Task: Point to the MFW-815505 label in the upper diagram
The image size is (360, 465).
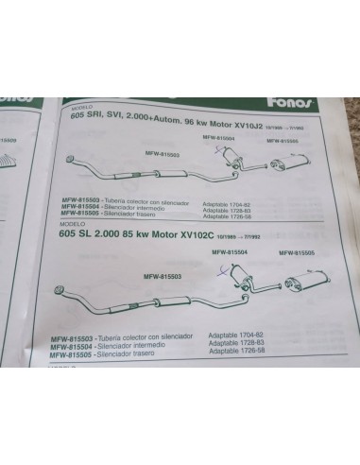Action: coord(284,142)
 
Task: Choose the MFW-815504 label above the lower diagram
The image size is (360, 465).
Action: coord(230,253)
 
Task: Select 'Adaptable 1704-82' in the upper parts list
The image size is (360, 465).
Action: coord(234,202)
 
